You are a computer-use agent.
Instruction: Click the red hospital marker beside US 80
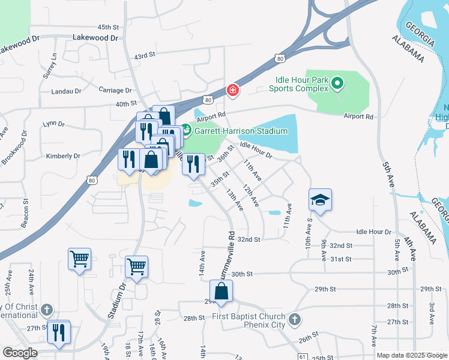tap(232, 91)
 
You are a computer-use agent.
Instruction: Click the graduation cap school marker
tap(321, 199)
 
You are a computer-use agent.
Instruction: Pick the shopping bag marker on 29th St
tap(221, 292)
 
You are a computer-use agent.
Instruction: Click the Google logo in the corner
tap(19, 353)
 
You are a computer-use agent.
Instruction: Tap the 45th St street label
tap(109, 28)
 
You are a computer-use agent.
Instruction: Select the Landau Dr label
tap(69, 91)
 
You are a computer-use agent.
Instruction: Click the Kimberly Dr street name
tap(63, 156)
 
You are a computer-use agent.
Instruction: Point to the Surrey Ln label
tap(54, 65)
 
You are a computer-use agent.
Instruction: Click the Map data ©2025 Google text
tap(411, 355)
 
